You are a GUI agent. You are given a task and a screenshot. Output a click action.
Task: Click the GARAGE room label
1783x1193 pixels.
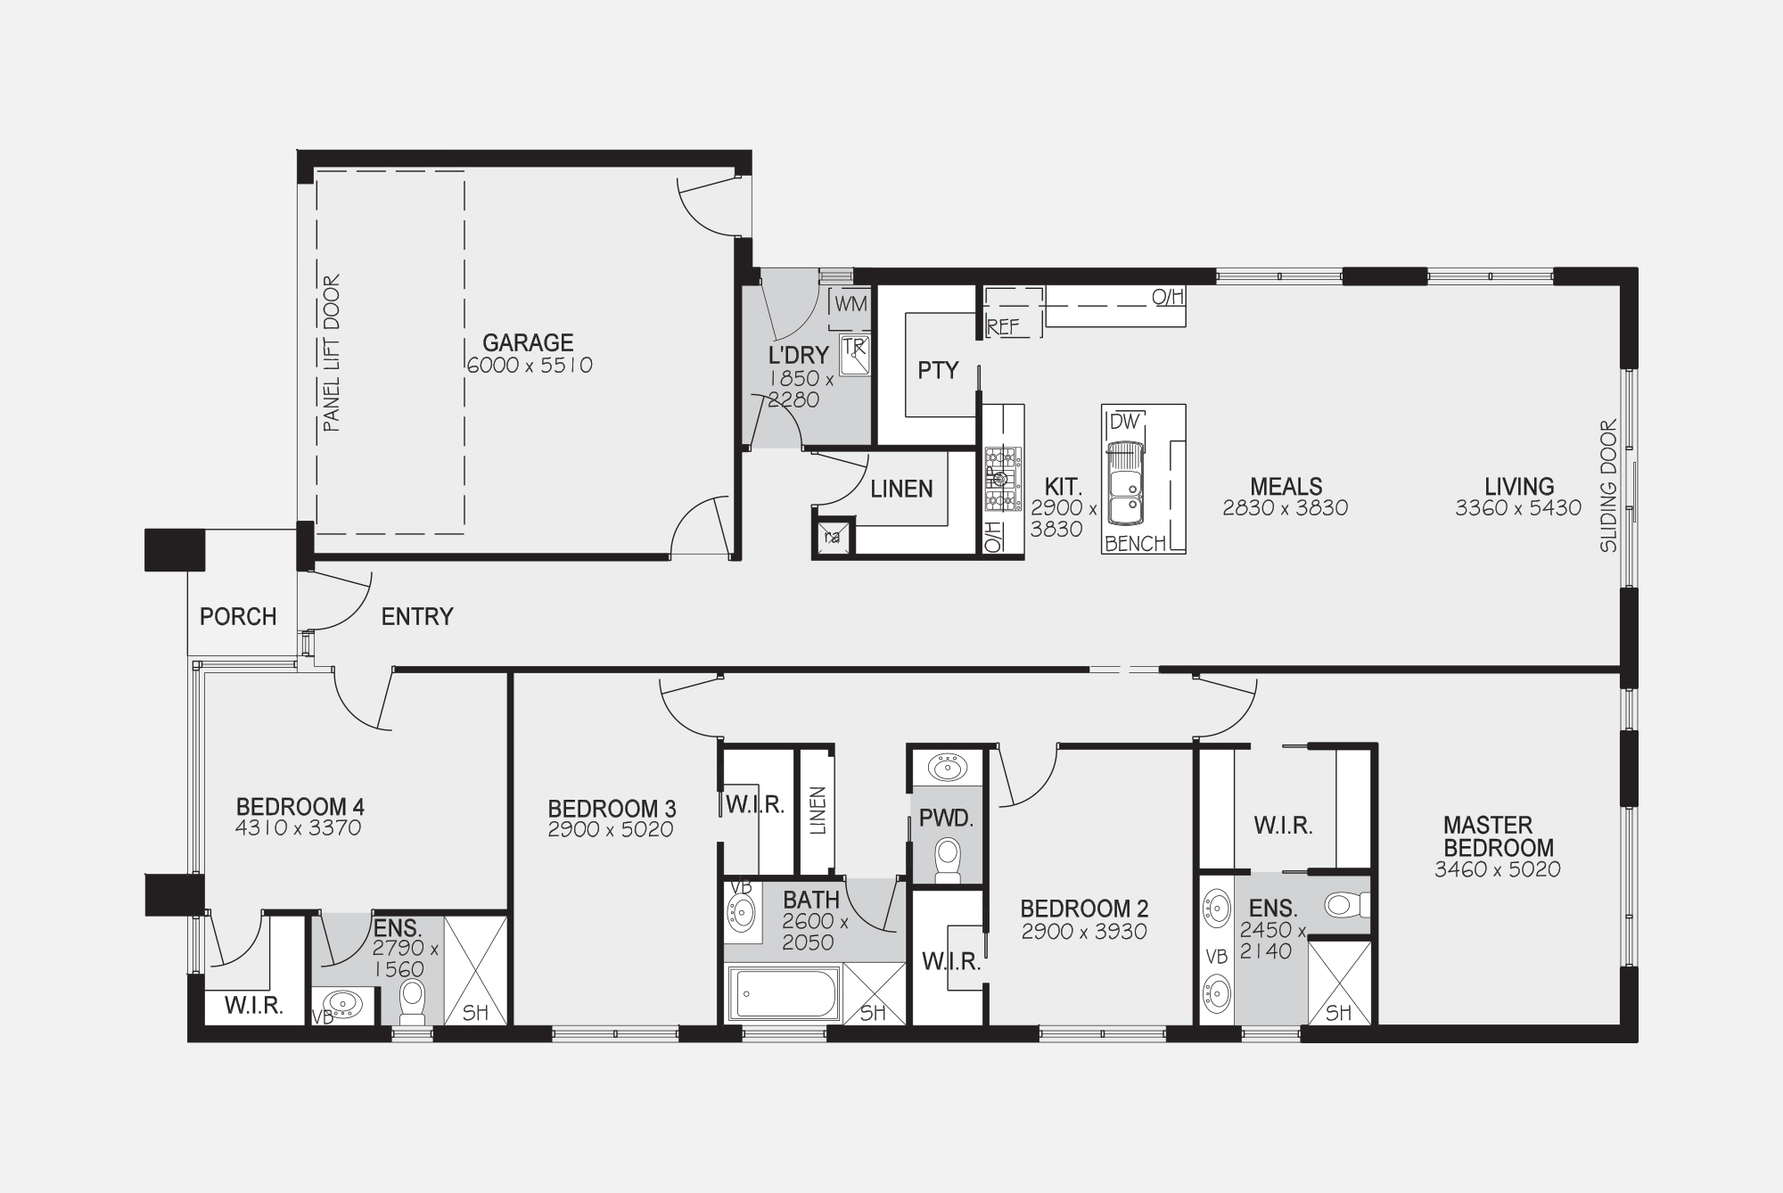coord(528,342)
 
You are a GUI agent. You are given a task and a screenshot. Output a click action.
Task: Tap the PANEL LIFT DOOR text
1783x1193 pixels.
coord(332,353)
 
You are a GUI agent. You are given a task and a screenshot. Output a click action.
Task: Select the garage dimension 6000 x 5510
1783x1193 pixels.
coord(529,366)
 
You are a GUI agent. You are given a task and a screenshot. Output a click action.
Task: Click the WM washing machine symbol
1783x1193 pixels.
coord(850,304)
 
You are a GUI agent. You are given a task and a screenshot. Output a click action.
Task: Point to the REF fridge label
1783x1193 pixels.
coord(1003,327)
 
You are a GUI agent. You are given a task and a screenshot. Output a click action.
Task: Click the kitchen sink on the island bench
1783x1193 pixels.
coord(1125,481)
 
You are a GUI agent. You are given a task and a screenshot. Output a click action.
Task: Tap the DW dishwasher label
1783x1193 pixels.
coord(1125,422)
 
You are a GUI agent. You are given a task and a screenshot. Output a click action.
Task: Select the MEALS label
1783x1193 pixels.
coord(1286,487)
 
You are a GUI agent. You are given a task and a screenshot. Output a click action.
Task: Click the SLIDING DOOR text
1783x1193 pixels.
coord(1608,487)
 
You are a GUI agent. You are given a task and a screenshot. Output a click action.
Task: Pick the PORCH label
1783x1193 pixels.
coord(238,617)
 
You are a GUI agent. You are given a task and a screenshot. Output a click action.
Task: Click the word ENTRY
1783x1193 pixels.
coord(417,617)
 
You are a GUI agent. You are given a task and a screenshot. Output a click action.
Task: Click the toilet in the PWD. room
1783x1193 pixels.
coord(947,860)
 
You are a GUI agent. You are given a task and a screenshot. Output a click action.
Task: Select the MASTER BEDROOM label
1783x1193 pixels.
coord(1499,836)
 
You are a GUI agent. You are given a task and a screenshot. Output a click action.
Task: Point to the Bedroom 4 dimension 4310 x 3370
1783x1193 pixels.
coord(299,828)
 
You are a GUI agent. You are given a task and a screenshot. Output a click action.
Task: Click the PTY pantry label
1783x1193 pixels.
coord(938,370)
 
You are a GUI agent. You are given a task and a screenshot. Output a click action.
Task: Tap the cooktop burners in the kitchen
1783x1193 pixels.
coord(1003,480)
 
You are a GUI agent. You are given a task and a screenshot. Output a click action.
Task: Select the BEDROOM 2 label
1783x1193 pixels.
coord(1084,909)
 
